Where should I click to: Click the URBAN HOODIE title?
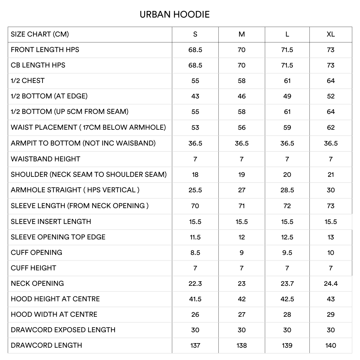pyautogui.click(x=174, y=14)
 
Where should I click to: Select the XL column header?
pyautogui.click(x=330, y=34)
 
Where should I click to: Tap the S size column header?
pyautogui.click(x=195, y=34)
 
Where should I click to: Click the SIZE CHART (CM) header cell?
pyautogui.click(x=40, y=34)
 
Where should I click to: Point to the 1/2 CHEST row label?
pyautogui.click(x=28, y=81)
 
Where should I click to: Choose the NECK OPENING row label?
pyautogui.click(x=37, y=283)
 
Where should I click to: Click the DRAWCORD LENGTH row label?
pyautogui.click(x=46, y=345)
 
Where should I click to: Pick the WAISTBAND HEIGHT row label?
pyautogui.click(x=45, y=159)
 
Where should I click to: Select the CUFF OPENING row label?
pyautogui.click(x=37, y=252)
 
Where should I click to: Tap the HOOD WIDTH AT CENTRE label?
pyautogui.click(x=54, y=314)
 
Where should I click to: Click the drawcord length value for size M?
pyautogui.click(x=242, y=345)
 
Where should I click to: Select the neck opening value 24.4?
pyautogui.click(x=330, y=283)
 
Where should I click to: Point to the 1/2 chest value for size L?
pyautogui.click(x=287, y=81)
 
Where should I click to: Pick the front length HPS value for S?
pyautogui.click(x=195, y=50)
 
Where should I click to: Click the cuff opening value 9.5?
pyautogui.click(x=287, y=252)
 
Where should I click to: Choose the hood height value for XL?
pyautogui.click(x=330, y=299)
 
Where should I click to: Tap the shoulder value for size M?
pyautogui.click(x=242, y=174)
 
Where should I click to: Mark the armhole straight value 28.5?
pyautogui.click(x=287, y=190)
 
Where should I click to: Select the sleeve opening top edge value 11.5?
pyautogui.click(x=195, y=237)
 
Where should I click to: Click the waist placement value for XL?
pyautogui.click(x=330, y=128)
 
